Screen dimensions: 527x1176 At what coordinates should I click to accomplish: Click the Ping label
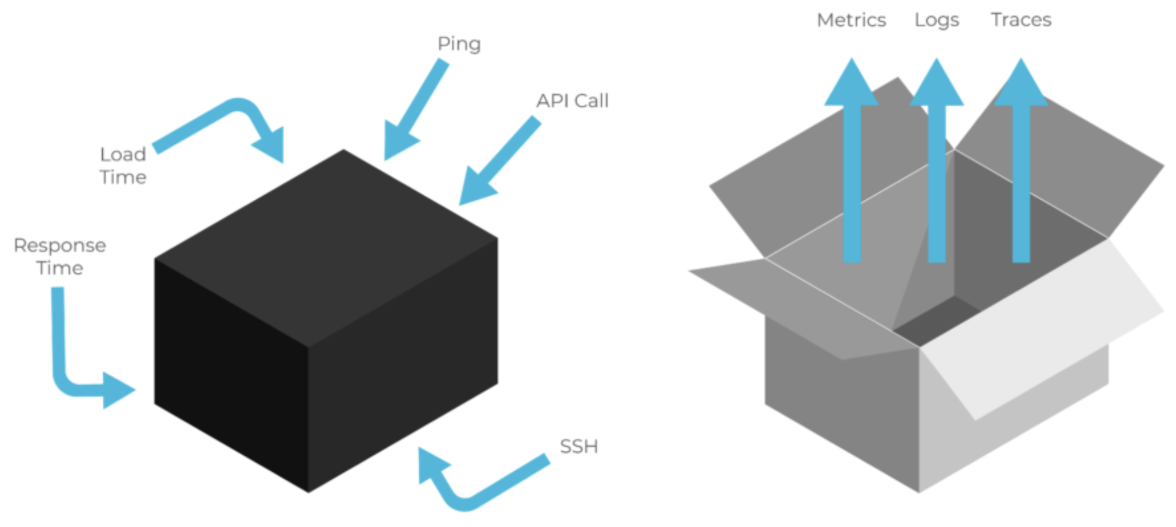[x=459, y=44]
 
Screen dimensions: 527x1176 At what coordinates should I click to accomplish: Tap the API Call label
[x=572, y=101]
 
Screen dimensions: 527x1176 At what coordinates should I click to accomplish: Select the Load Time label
[x=123, y=165]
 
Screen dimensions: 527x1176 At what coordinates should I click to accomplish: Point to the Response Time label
[x=60, y=257]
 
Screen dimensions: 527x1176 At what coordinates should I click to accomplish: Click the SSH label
[x=578, y=446]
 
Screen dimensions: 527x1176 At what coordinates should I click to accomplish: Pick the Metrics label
[x=851, y=20]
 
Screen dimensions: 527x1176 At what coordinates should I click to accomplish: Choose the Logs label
[x=937, y=20]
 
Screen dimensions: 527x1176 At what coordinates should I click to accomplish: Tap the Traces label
[x=1021, y=20]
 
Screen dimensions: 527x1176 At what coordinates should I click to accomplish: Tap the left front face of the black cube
[x=230, y=373]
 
